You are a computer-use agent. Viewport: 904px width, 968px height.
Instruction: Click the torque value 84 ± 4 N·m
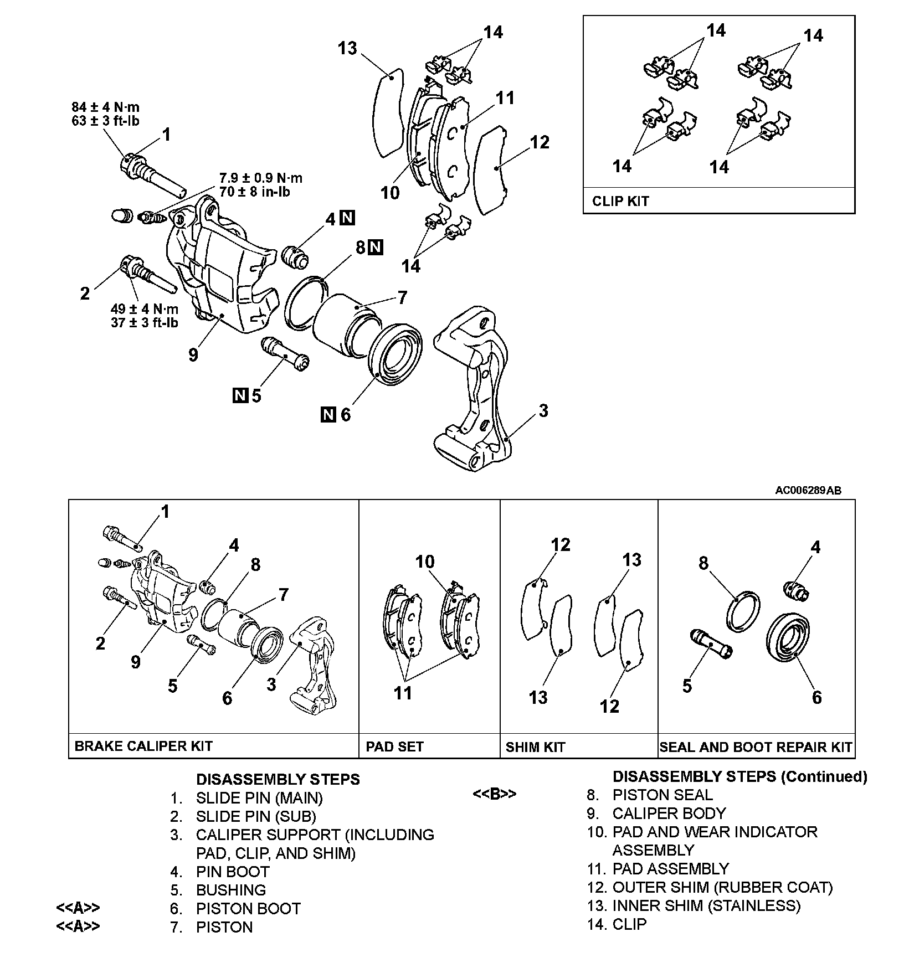pyautogui.click(x=105, y=107)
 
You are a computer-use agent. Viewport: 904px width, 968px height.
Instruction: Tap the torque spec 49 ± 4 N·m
pyautogui.click(x=145, y=309)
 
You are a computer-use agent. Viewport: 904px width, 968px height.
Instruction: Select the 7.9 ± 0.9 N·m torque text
pyautogui.click(x=261, y=178)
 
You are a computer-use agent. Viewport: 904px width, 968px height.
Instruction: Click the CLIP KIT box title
pyautogui.click(x=620, y=201)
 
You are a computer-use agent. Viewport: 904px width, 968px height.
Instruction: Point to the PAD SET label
pyautogui.click(x=395, y=746)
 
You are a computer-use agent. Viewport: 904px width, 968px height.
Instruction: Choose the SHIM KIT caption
pyautogui.click(x=535, y=747)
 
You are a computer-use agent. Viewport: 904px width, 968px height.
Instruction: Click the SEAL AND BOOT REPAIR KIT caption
pyautogui.click(x=756, y=747)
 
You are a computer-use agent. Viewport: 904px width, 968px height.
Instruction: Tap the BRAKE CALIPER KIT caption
pyautogui.click(x=143, y=746)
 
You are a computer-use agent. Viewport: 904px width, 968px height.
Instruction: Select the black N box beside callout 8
pyautogui.click(x=376, y=247)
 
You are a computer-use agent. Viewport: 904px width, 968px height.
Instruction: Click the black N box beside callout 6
pyautogui.click(x=328, y=414)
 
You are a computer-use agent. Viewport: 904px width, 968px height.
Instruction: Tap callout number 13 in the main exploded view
pyautogui.click(x=347, y=49)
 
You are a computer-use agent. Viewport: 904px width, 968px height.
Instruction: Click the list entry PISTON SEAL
pyautogui.click(x=662, y=795)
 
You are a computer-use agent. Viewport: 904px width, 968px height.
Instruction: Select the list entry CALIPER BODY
pyautogui.click(x=669, y=813)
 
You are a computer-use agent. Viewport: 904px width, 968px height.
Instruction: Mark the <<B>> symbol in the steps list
pyautogui.click(x=494, y=794)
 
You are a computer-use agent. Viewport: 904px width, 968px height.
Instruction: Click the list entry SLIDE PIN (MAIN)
pyautogui.click(x=259, y=798)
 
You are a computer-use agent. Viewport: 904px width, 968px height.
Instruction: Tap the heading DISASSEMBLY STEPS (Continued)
pyautogui.click(x=739, y=777)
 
